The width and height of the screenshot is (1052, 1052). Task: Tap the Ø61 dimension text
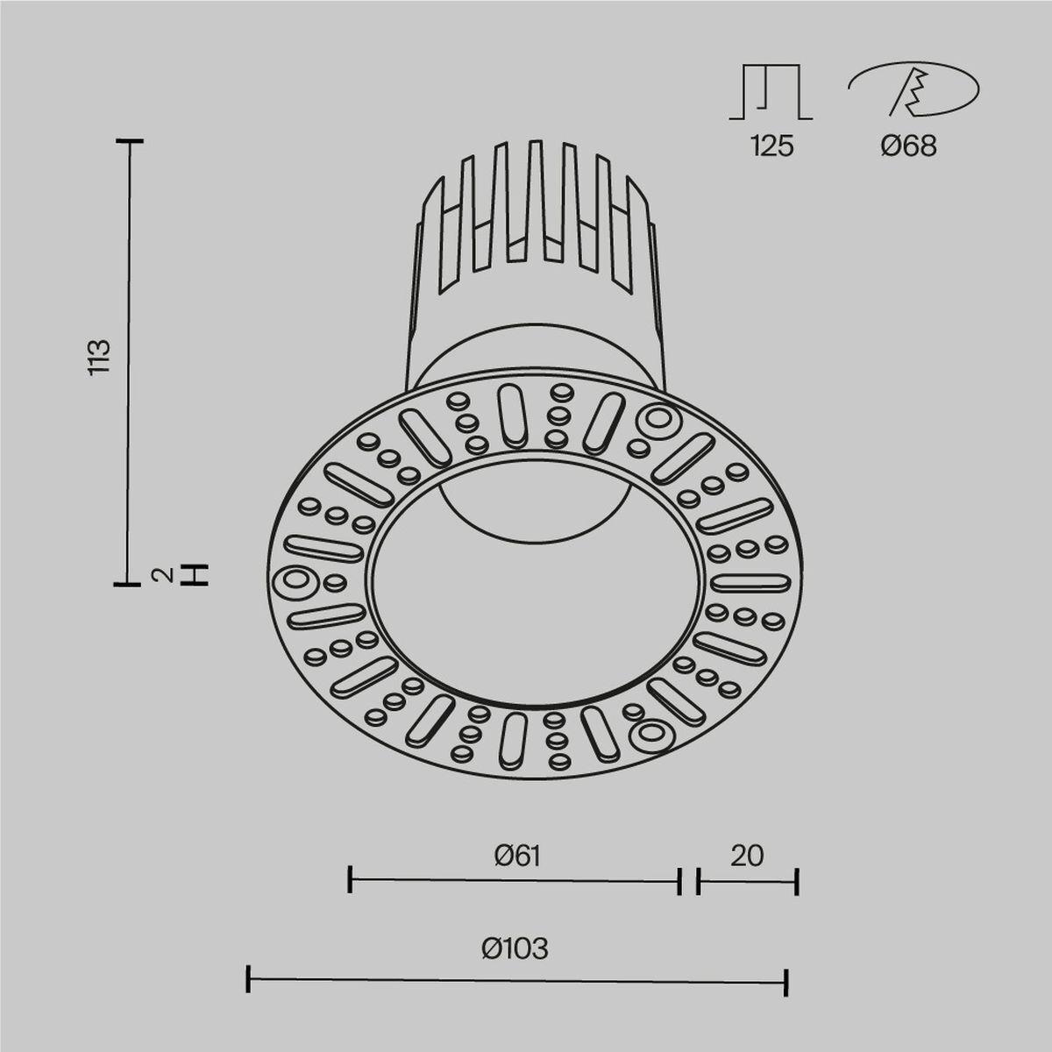pyautogui.click(x=516, y=855)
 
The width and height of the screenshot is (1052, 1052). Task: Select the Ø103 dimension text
pyautogui.click(x=515, y=948)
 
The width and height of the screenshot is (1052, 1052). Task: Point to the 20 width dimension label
pyautogui.click(x=747, y=855)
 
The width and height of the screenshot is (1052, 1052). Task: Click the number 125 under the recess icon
pyautogui.click(x=771, y=146)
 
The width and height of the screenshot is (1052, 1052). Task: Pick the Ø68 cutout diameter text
pyautogui.click(x=909, y=146)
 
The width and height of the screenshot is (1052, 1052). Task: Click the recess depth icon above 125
pyautogui.click(x=771, y=93)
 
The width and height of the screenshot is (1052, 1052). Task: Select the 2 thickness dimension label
pyautogui.click(x=161, y=575)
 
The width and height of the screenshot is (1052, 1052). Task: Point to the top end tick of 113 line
pyautogui.click(x=130, y=140)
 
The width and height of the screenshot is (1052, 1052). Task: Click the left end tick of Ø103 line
pyautogui.click(x=249, y=979)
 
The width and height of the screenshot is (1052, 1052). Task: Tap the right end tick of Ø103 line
pyautogui.click(x=786, y=983)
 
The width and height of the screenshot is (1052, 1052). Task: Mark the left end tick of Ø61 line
pyautogui.click(x=350, y=879)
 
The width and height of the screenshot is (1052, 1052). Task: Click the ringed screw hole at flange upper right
pyautogui.click(x=657, y=420)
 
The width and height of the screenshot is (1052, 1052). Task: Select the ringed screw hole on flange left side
pyautogui.click(x=295, y=582)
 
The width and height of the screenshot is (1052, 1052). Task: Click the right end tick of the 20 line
pyautogui.click(x=797, y=882)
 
